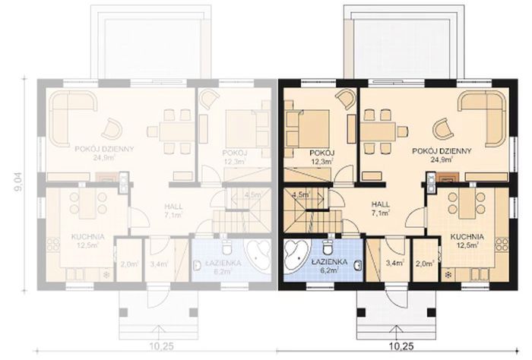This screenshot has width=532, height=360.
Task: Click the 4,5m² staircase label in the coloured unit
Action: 299,194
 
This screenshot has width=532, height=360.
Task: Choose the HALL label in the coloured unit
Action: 382,205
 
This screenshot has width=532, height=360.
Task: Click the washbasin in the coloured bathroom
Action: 355,263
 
